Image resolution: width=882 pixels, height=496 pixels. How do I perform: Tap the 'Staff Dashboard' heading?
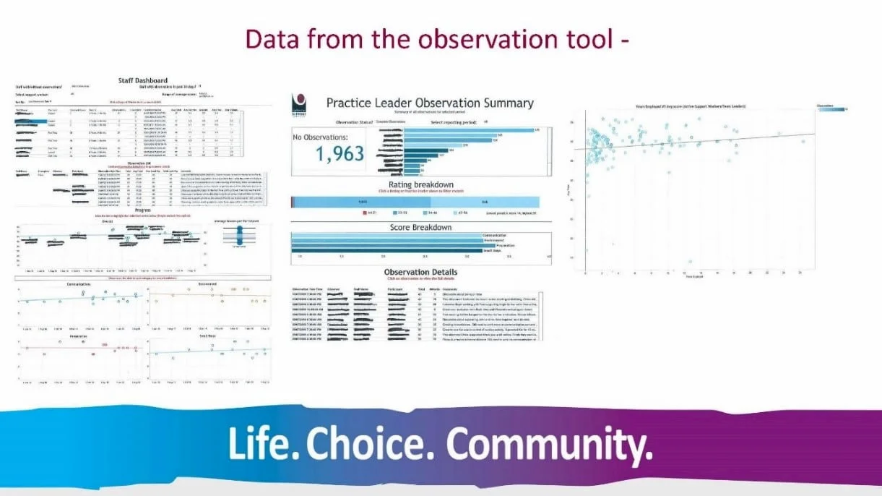click(142, 80)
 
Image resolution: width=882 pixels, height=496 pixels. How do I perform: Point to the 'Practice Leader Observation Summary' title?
click(430, 103)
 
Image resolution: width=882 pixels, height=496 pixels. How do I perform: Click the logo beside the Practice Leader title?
click(301, 102)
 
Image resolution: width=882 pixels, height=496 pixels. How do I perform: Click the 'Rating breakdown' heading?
click(420, 185)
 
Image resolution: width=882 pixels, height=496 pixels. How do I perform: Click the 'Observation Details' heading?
click(420, 272)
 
